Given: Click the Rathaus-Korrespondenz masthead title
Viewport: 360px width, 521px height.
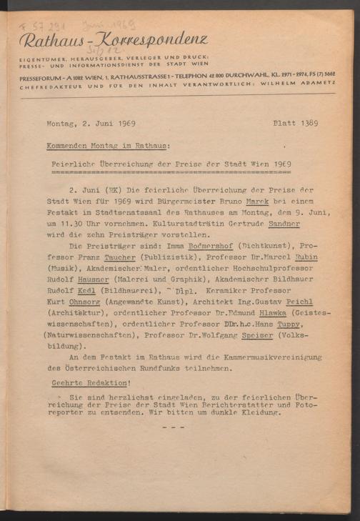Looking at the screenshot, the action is pyautogui.click(x=113, y=40).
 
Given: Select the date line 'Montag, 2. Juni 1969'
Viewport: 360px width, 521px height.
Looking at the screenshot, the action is pyautogui.click(x=94, y=123).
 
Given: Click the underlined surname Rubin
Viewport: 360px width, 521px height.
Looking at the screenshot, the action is pyautogui.click(x=304, y=256).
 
